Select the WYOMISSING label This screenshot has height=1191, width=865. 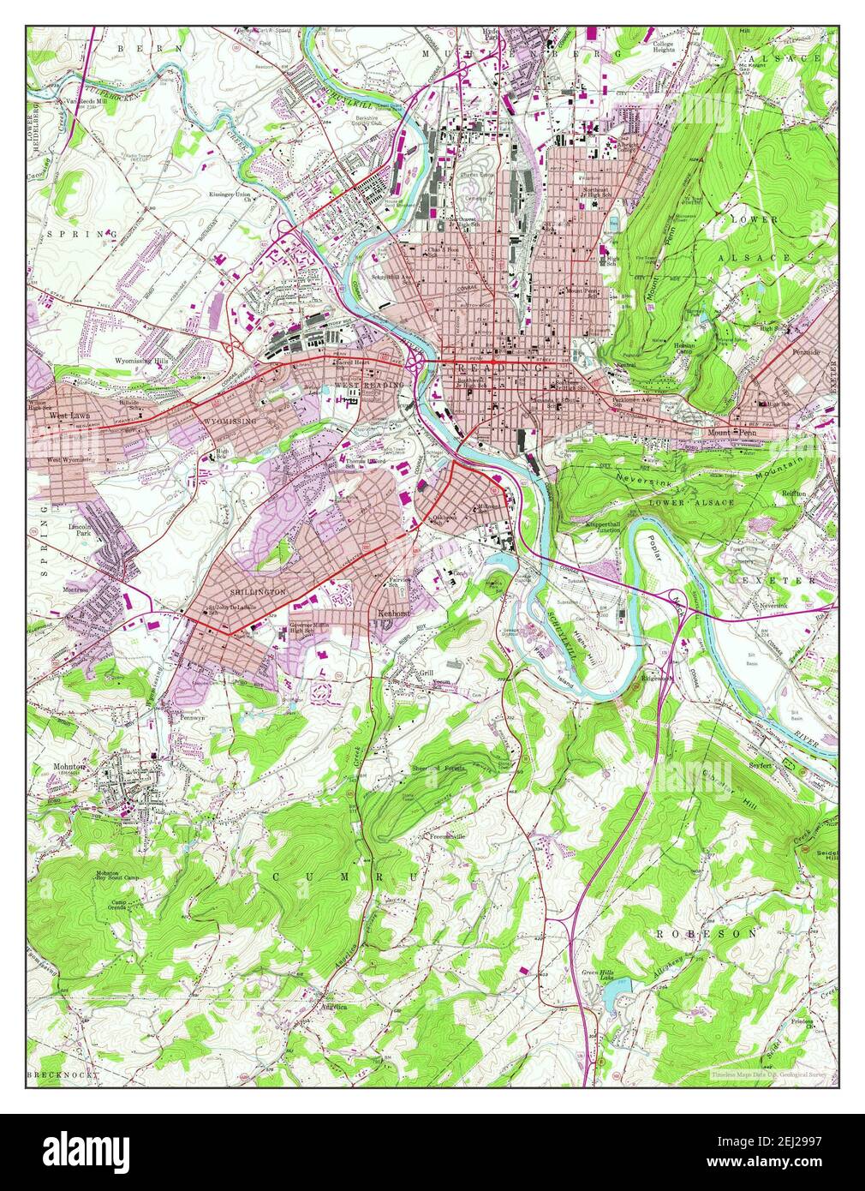(229, 423)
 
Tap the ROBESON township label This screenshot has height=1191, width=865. (706, 933)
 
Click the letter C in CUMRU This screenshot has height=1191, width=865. (278, 877)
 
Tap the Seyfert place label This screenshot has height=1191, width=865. (760, 766)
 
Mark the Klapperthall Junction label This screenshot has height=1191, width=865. (608, 524)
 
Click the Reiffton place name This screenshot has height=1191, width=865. (796, 494)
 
